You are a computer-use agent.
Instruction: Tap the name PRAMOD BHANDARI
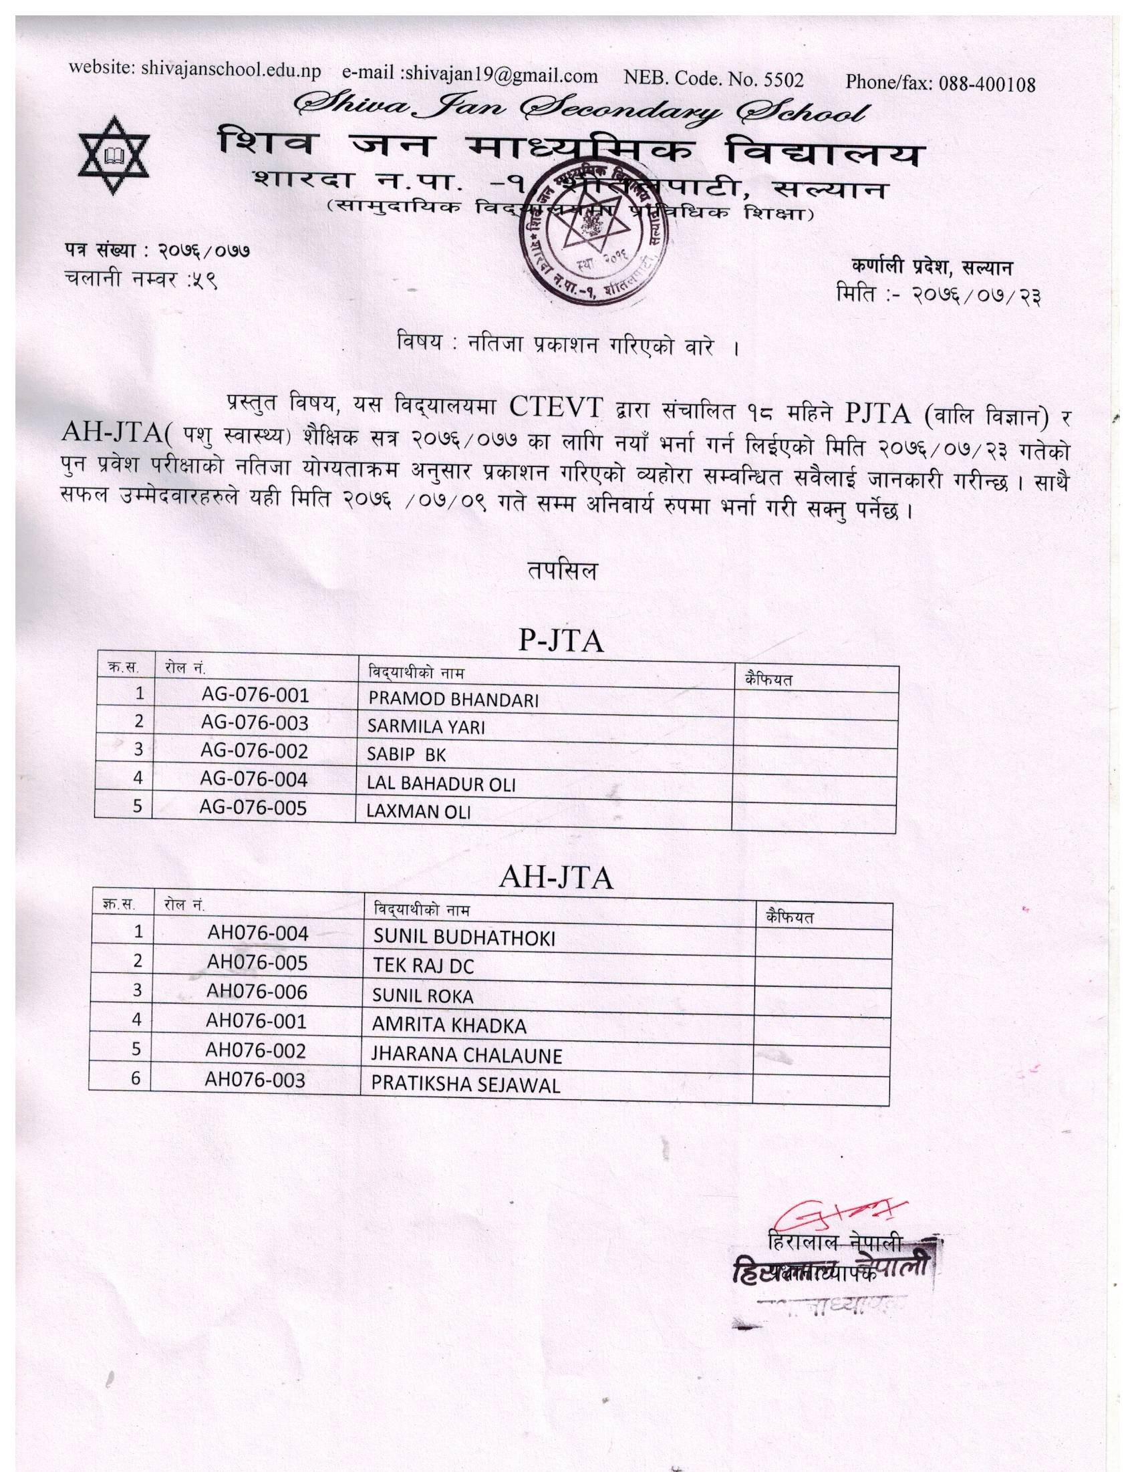[453, 700]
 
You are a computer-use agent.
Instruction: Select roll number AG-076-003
[254, 722]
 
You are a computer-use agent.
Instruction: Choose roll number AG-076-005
[253, 807]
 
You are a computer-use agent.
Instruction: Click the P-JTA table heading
[560, 641]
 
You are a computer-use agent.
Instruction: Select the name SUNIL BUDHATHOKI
[464, 937]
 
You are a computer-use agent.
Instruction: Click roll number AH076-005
[257, 962]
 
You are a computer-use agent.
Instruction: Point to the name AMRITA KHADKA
[449, 1026]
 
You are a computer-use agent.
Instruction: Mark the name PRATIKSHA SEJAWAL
[466, 1085]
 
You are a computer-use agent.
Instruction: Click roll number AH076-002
[255, 1051]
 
